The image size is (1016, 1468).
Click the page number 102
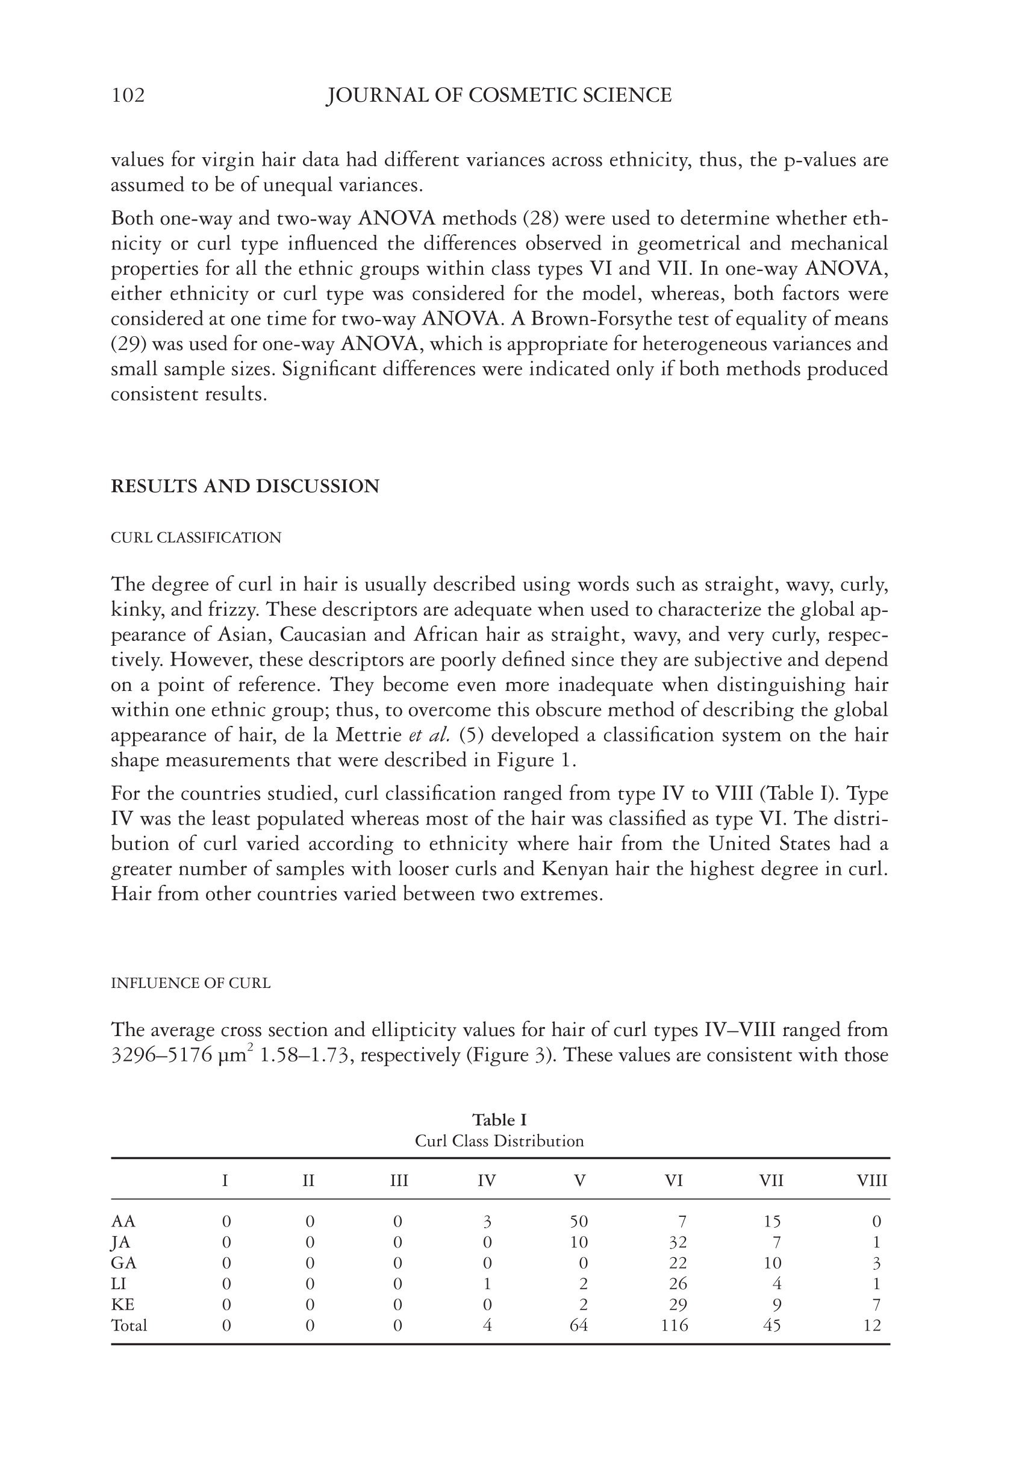pos(128,96)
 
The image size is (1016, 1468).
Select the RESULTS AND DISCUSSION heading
pos(245,486)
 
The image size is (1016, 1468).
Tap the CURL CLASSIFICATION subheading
pos(196,538)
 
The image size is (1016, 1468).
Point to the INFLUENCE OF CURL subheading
pos(191,983)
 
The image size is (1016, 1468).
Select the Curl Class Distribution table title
pos(499,1140)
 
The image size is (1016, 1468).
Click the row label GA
pos(123,1263)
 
